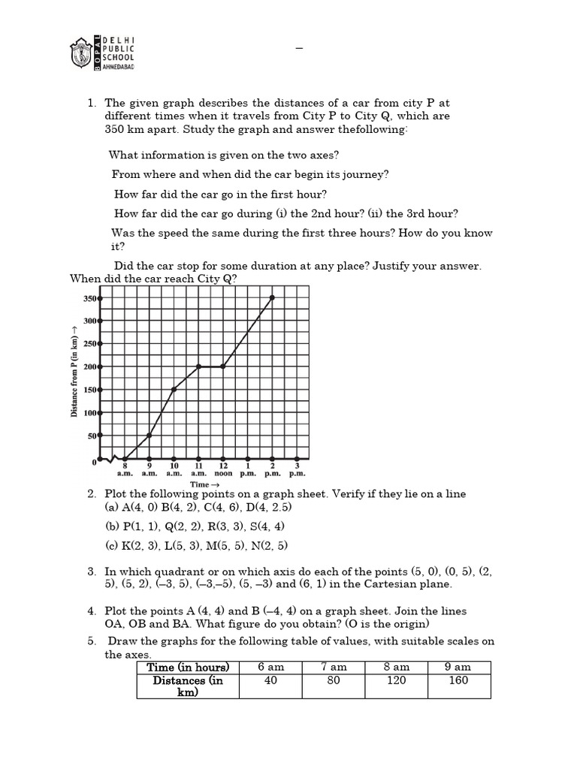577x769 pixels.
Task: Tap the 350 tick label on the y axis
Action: (89, 298)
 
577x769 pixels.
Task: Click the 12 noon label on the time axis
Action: (223, 470)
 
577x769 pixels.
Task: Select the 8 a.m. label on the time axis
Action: (125, 470)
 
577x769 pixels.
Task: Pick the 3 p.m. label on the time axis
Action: (297, 470)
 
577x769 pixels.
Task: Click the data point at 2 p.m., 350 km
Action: (272, 297)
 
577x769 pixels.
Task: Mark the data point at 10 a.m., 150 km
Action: (174, 390)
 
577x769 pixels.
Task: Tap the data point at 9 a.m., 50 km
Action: (150, 436)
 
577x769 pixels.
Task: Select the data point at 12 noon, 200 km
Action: (223, 366)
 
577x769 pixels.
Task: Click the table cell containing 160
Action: (458, 680)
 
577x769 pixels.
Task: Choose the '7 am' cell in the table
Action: (334, 667)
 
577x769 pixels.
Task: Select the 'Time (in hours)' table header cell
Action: (188, 667)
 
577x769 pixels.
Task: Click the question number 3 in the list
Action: (91, 571)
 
